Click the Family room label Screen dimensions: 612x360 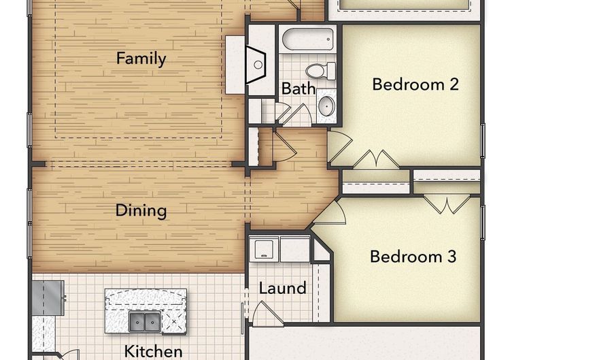coord(141,59)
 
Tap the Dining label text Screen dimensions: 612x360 coord(141,211)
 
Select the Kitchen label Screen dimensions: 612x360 coord(153,351)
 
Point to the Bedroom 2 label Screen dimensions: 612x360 coord(415,84)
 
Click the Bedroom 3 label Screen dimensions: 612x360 coord(413,257)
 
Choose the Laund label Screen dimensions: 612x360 coord(283,289)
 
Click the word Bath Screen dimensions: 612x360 coord(299,88)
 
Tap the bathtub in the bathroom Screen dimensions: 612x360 coord(308,39)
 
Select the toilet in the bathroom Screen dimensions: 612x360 coord(320,71)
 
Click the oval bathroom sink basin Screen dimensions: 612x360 coord(326,105)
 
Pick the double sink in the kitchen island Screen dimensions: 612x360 coord(144,321)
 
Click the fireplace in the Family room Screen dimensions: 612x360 coord(256,65)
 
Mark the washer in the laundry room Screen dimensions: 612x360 coord(264,249)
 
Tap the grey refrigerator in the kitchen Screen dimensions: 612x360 coord(48,297)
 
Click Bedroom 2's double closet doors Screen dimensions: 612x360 coord(376,159)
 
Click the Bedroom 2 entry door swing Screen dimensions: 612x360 coord(339,146)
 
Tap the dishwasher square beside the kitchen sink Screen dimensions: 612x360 coord(173,322)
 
